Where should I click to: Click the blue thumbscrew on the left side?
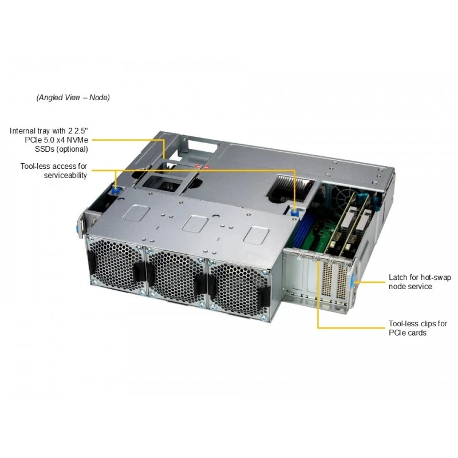point(116,191)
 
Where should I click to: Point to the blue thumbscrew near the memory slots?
point(295,212)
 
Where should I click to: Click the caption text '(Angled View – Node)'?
point(73,97)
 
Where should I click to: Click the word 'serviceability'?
point(65,175)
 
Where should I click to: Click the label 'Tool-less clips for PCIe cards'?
point(418,328)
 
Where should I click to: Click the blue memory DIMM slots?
point(302,229)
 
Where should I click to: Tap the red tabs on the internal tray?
point(203,167)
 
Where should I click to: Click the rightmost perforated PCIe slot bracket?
point(341,282)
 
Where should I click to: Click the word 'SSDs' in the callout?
point(45,149)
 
